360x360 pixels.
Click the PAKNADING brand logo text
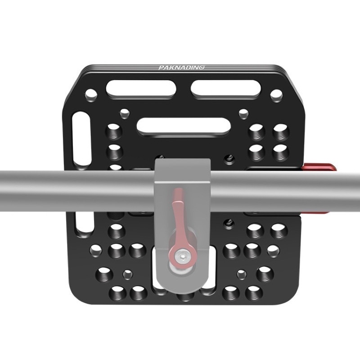click(181, 67)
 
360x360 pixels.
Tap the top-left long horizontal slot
click(141, 90)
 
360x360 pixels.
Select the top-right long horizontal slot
click(226, 90)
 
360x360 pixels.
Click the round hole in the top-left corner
click(91, 95)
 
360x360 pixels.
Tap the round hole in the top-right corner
click(276, 95)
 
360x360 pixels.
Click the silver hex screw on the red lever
click(182, 256)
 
